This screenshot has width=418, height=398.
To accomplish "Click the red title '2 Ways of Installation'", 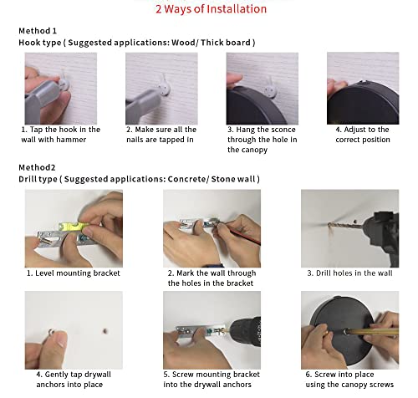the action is (x=211, y=9).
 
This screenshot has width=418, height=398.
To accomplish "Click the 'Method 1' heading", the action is (x=38, y=31).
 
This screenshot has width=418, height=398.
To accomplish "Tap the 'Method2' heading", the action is (x=37, y=167).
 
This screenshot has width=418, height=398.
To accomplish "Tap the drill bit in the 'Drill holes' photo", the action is (x=345, y=224).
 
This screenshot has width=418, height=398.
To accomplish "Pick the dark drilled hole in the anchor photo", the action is (x=105, y=331).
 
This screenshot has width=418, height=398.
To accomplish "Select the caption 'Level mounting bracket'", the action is (x=78, y=273).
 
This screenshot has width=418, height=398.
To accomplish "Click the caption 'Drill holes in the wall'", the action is (x=354, y=273).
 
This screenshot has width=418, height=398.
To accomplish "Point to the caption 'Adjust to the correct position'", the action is (x=363, y=135).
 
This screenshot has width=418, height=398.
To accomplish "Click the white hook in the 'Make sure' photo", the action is (x=165, y=86).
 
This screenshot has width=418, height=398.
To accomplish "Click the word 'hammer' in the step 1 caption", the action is (x=72, y=140).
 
